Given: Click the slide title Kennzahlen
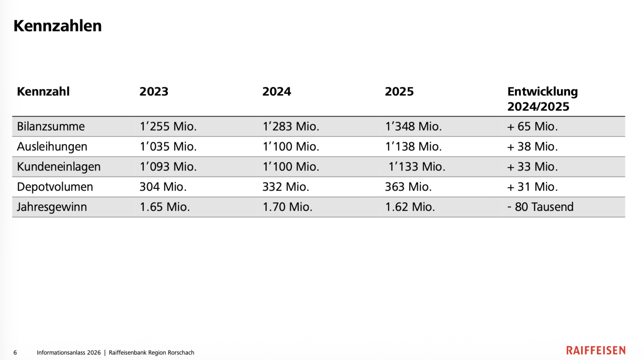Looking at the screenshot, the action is (x=58, y=26).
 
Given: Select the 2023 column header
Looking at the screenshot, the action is (x=154, y=92).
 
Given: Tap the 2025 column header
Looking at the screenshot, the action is (x=399, y=92).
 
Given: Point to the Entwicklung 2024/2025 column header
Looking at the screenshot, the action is (x=543, y=99).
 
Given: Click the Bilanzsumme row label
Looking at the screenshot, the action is (x=51, y=126).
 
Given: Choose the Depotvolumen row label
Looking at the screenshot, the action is (x=55, y=187).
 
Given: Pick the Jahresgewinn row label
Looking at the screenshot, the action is (x=52, y=207).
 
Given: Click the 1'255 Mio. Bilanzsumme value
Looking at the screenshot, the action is (x=168, y=126).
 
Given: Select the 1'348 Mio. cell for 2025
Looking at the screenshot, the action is (x=413, y=126).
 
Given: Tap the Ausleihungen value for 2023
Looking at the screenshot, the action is (x=168, y=146).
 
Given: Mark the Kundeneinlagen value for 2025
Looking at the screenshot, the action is (x=417, y=167).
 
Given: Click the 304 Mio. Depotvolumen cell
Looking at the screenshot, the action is (x=163, y=187).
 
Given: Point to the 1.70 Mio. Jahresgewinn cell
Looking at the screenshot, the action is (x=287, y=207).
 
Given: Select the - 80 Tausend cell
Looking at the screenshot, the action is (x=541, y=207).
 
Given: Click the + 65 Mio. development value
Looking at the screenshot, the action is (x=533, y=126).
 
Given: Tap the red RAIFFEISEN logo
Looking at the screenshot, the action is (x=596, y=350).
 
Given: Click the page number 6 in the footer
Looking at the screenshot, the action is (x=15, y=352).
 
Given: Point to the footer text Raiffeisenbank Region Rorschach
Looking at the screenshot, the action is (x=151, y=352).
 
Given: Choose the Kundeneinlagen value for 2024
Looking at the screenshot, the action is (x=291, y=167).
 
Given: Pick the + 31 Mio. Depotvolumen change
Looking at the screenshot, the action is (x=533, y=187).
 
